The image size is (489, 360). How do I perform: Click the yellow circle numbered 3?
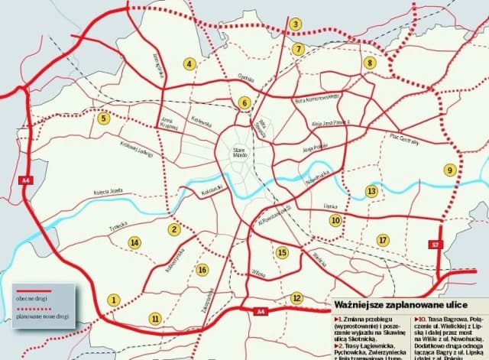(x=295, y=24)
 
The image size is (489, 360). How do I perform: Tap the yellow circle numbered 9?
(x=451, y=170)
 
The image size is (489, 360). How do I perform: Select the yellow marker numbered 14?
(x=134, y=243)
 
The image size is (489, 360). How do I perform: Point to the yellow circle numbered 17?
(x=382, y=241)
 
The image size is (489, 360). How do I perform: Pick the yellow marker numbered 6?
(x=244, y=102)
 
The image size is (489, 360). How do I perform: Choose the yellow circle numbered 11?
(x=156, y=318)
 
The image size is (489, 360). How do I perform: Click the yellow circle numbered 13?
(x=371, y=190)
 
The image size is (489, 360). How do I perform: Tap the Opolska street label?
(x=245, y=77)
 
